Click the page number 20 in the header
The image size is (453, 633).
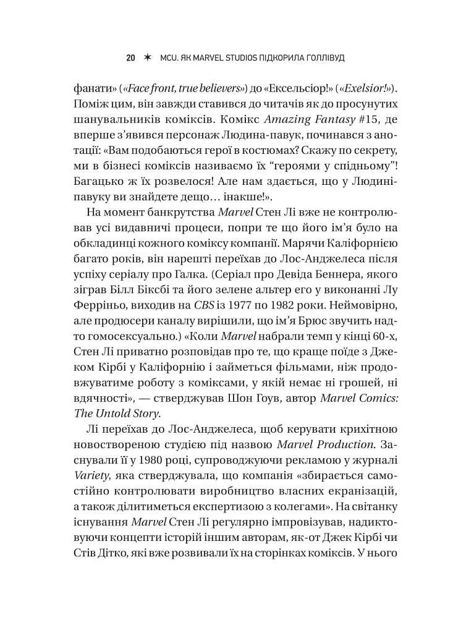[x=130, y=57]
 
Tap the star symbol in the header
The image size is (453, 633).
[x=147, y=57]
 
